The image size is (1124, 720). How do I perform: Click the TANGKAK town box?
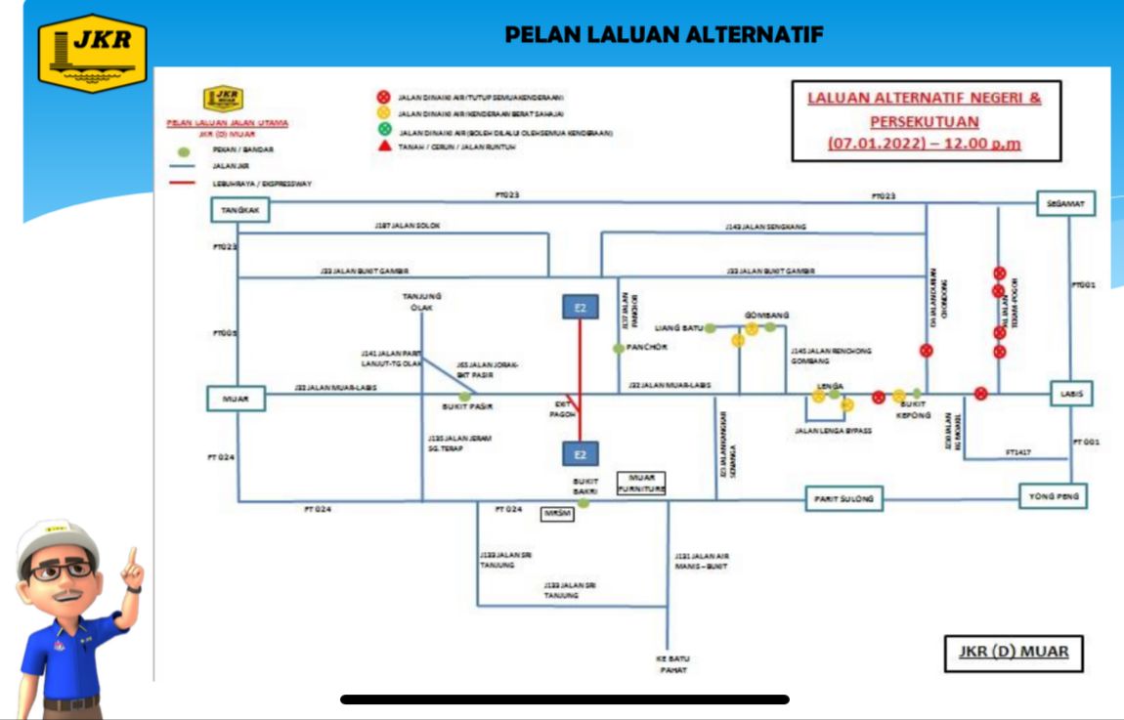[x=239, y=210]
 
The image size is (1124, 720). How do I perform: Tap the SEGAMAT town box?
[x=1065, y=203]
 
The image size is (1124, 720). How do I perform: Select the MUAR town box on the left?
[x=236, y=399]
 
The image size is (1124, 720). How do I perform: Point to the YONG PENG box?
[x=1053, y=497]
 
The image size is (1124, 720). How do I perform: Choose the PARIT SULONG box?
[x=843, y=498]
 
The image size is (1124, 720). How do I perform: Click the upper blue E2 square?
[x=580, y=308]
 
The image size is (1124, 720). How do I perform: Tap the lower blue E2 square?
[x=580, y=454]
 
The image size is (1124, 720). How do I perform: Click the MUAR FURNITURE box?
[x=640, y=483]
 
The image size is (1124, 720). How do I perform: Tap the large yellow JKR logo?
[x=93, y=53]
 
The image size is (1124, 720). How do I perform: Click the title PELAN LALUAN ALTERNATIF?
[x=664, y=35]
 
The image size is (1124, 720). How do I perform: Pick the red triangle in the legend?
[x=384, y=147]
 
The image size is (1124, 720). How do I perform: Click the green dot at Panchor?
[x=618, y=349]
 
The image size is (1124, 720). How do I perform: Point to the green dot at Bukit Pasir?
[x=464, y=396]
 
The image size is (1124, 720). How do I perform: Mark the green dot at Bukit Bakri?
[x=583, y=503]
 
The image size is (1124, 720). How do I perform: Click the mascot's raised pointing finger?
[x=130, y=562]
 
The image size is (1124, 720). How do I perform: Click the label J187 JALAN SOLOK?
[x=408, y=226]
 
